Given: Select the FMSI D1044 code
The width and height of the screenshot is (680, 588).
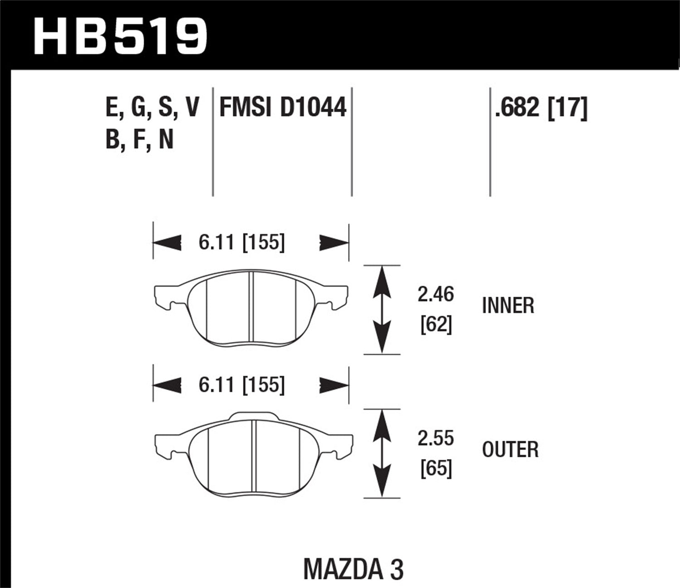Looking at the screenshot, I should tap(282, 108).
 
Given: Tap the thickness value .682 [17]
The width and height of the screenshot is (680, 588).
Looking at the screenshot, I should tap(541, 108).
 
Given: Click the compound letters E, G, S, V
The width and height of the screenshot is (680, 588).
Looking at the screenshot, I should tap(152, 108).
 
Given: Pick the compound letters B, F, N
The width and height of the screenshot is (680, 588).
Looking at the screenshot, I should tap(140, 139).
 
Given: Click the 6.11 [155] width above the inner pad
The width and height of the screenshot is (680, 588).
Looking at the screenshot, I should tap(242, 242).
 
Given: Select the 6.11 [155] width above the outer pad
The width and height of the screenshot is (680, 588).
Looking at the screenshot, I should tap(242, 385).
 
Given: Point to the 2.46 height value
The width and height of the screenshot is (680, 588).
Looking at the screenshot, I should tap(435, 294).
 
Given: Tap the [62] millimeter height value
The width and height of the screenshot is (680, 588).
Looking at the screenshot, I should tap(436, 324).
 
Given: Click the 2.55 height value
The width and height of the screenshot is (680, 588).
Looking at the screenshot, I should tap(436, 438).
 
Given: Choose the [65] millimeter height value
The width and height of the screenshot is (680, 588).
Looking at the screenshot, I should tap(436, 468).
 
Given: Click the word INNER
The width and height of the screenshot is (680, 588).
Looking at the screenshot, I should tap(508, 306).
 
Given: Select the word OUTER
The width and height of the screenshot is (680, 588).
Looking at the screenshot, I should tap(510, 450).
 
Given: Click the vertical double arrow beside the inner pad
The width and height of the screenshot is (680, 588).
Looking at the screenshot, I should tap(382, 309).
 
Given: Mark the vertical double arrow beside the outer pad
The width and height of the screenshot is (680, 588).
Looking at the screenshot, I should tap(383, 453).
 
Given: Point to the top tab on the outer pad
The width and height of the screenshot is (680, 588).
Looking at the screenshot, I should tap(253, 416).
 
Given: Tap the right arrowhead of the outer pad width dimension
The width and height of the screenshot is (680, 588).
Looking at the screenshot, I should tap(334, 386).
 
